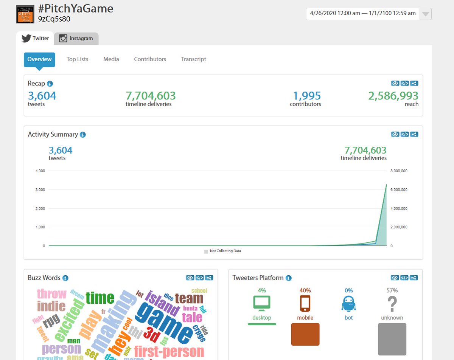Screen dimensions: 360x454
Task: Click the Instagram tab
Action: coord(76,38)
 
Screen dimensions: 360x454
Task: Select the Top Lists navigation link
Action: coord(77,59)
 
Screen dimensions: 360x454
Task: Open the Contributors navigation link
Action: coord(150,59)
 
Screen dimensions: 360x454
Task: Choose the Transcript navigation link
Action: coord(193,59)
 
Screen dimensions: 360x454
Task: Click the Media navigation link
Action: coord(111,59)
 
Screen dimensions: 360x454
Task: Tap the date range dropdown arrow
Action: coord(426,14)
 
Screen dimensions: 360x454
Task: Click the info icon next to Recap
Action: coord(50,84)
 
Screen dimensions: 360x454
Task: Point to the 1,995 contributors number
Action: coord(307,96)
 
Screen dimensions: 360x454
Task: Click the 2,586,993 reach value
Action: coord(393,96)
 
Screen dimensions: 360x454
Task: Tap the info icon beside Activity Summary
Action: coord(83,135)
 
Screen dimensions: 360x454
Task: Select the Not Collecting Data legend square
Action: coord(206,251)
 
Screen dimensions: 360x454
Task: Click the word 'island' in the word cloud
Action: coord(162,303)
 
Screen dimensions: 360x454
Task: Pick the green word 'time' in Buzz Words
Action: coord(100,298)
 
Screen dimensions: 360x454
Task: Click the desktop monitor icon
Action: coord(261,303)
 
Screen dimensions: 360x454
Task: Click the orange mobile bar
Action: coord(305,334)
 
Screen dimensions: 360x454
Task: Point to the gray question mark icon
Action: coord(392,303)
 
